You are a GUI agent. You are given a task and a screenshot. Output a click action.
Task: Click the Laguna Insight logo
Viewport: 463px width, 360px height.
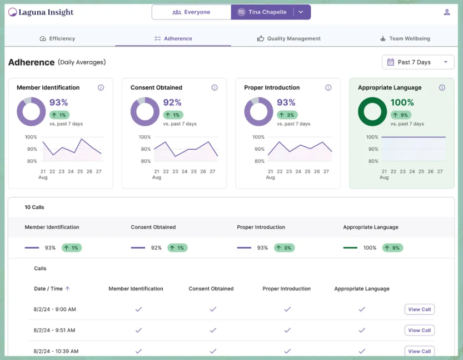[x=41, y=12]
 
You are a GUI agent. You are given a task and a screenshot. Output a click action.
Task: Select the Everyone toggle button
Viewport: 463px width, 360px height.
[x=191, y=12]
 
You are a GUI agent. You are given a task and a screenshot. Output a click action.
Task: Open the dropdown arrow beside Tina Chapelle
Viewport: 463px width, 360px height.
[x=301, y=12]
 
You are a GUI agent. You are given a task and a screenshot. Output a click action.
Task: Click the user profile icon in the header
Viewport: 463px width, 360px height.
[x=447, y=12]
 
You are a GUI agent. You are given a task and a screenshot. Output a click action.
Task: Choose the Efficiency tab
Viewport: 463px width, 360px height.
[x=58, y=38]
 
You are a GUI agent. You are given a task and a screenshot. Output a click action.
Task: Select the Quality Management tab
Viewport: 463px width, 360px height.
[x=289, y=38]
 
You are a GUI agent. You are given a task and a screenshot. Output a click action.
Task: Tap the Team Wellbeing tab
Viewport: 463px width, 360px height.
[x=405, y=38]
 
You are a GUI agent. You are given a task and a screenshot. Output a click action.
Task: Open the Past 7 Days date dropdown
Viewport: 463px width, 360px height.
[x=418, y=62]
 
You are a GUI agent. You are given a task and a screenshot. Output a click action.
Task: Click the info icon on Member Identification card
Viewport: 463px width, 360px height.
[x=101, y=87]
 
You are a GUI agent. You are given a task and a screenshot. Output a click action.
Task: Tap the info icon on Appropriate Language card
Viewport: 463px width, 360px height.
[x=442, y=87]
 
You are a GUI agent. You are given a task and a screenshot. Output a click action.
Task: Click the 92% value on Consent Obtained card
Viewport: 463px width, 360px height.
[x=172, y=102]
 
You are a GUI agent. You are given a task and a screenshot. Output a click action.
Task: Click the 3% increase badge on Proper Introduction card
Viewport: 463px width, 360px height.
[x=287, y=115]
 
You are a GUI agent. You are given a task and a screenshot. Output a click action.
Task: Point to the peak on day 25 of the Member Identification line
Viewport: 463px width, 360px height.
[x=82, y=139]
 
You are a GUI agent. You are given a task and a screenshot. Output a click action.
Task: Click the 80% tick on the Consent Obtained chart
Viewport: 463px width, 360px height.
[x=146, y=161]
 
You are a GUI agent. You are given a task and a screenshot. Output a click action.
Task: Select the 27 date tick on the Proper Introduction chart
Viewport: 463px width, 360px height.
[x=326, y=171]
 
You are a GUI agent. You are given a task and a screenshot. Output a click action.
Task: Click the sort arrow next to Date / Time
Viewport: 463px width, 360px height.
[x=68, y=289]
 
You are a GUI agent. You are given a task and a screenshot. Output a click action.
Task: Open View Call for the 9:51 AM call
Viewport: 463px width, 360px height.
[x=419, y=330]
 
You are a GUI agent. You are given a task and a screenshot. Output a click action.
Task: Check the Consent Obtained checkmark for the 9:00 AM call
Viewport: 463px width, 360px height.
[x=213, y=309]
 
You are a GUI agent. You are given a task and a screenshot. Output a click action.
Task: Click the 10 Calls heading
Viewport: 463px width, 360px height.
[x=34, y=207]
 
